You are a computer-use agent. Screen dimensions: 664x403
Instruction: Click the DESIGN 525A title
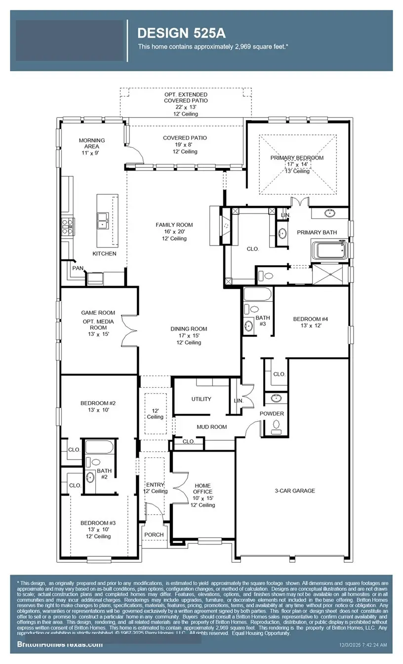pyautogui.click(x=181, y=33)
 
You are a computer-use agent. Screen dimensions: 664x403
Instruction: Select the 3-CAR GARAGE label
pyautogui.click(x=294, y=491)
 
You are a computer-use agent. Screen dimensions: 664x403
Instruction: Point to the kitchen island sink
pyautogui.click(x=103, y=220)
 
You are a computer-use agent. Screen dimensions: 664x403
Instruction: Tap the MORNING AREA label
pyautogui.click(x=92, y=143)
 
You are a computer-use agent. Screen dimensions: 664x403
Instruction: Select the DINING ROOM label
pyautogui.click(x=189, y=329)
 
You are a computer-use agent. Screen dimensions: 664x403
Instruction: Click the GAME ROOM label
pyautogui.click(x=98, y=312)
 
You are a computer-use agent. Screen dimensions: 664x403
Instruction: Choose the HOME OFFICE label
pyautogui.click(x=202, y=489)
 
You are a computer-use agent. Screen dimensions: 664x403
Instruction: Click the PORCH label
pyautogui.click(x=154, y=535)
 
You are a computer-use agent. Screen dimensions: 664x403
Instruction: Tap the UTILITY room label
pyautogui.click(x=201, y=399)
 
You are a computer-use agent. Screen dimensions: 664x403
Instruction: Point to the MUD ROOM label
pyautogui.click(x=211, y=426)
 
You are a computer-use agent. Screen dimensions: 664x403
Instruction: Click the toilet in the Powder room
pyautogui.click(x=276, y=424)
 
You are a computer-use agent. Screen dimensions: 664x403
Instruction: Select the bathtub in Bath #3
pyautogui.click(x=257, y=295)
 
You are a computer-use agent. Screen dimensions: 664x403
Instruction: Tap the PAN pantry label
pyautogui.click(x=78, y=268)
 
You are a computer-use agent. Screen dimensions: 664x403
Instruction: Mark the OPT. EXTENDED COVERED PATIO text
pyautogui.click(x=186, y=97)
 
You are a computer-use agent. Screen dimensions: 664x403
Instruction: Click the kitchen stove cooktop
pyautogui.click(x=67, y=227)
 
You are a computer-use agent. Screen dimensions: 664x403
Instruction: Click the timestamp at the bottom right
pyautogui.click(x=363, y=645)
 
